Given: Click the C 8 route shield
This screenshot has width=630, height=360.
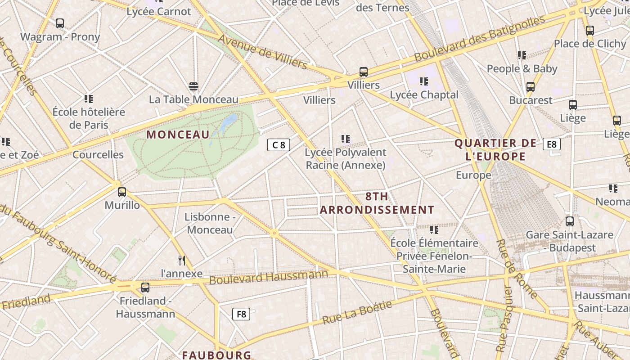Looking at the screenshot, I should pyautogui.click(x=279, y=145).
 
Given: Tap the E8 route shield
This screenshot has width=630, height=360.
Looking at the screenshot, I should pyautogui.click(x=551, y=144).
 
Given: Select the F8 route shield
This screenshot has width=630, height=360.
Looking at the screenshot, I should pyautogui.click(x=241, y=314).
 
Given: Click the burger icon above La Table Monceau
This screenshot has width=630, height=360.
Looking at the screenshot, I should pyautogui.click(x=193, y=86).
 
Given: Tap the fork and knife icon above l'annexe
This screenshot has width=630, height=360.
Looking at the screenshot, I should pyautogui.click(x=182, y=261).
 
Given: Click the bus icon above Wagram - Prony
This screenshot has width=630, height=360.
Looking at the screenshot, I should pyautogui.click(x=59, y=23).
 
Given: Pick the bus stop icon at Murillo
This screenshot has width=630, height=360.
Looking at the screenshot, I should pyautogui.click(x=122, y=192).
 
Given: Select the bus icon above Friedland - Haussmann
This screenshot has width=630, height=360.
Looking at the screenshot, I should pyautogui.click(x=145, y=288).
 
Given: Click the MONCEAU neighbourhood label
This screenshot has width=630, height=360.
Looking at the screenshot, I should pyautogui.click(x=178, y=135).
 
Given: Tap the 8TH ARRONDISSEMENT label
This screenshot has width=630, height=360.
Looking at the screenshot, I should pyautogui.click(x=377, y=203).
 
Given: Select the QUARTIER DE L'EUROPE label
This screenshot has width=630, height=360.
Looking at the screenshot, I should pyautogui.click(x=495, y=150).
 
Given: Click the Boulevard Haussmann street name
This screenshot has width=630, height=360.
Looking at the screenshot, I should pyautogui.click(x=269, y=277).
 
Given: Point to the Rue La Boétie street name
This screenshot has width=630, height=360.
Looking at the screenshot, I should pyautogui.click(x=357, y=312).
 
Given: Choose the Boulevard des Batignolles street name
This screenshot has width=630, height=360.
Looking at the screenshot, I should pyautogui.click(x=479, y=39).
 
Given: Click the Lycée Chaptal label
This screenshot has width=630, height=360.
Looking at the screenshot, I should pyautogui.click(x=424, y=95).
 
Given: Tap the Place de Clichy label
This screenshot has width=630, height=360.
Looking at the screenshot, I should pyautogui.click(x=590, y=44).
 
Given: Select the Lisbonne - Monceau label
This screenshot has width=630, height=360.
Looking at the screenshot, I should pyautogui.click(x=210, y=223).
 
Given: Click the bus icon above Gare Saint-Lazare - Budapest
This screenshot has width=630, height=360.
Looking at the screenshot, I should pyautogui.click(x=569, y=221).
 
